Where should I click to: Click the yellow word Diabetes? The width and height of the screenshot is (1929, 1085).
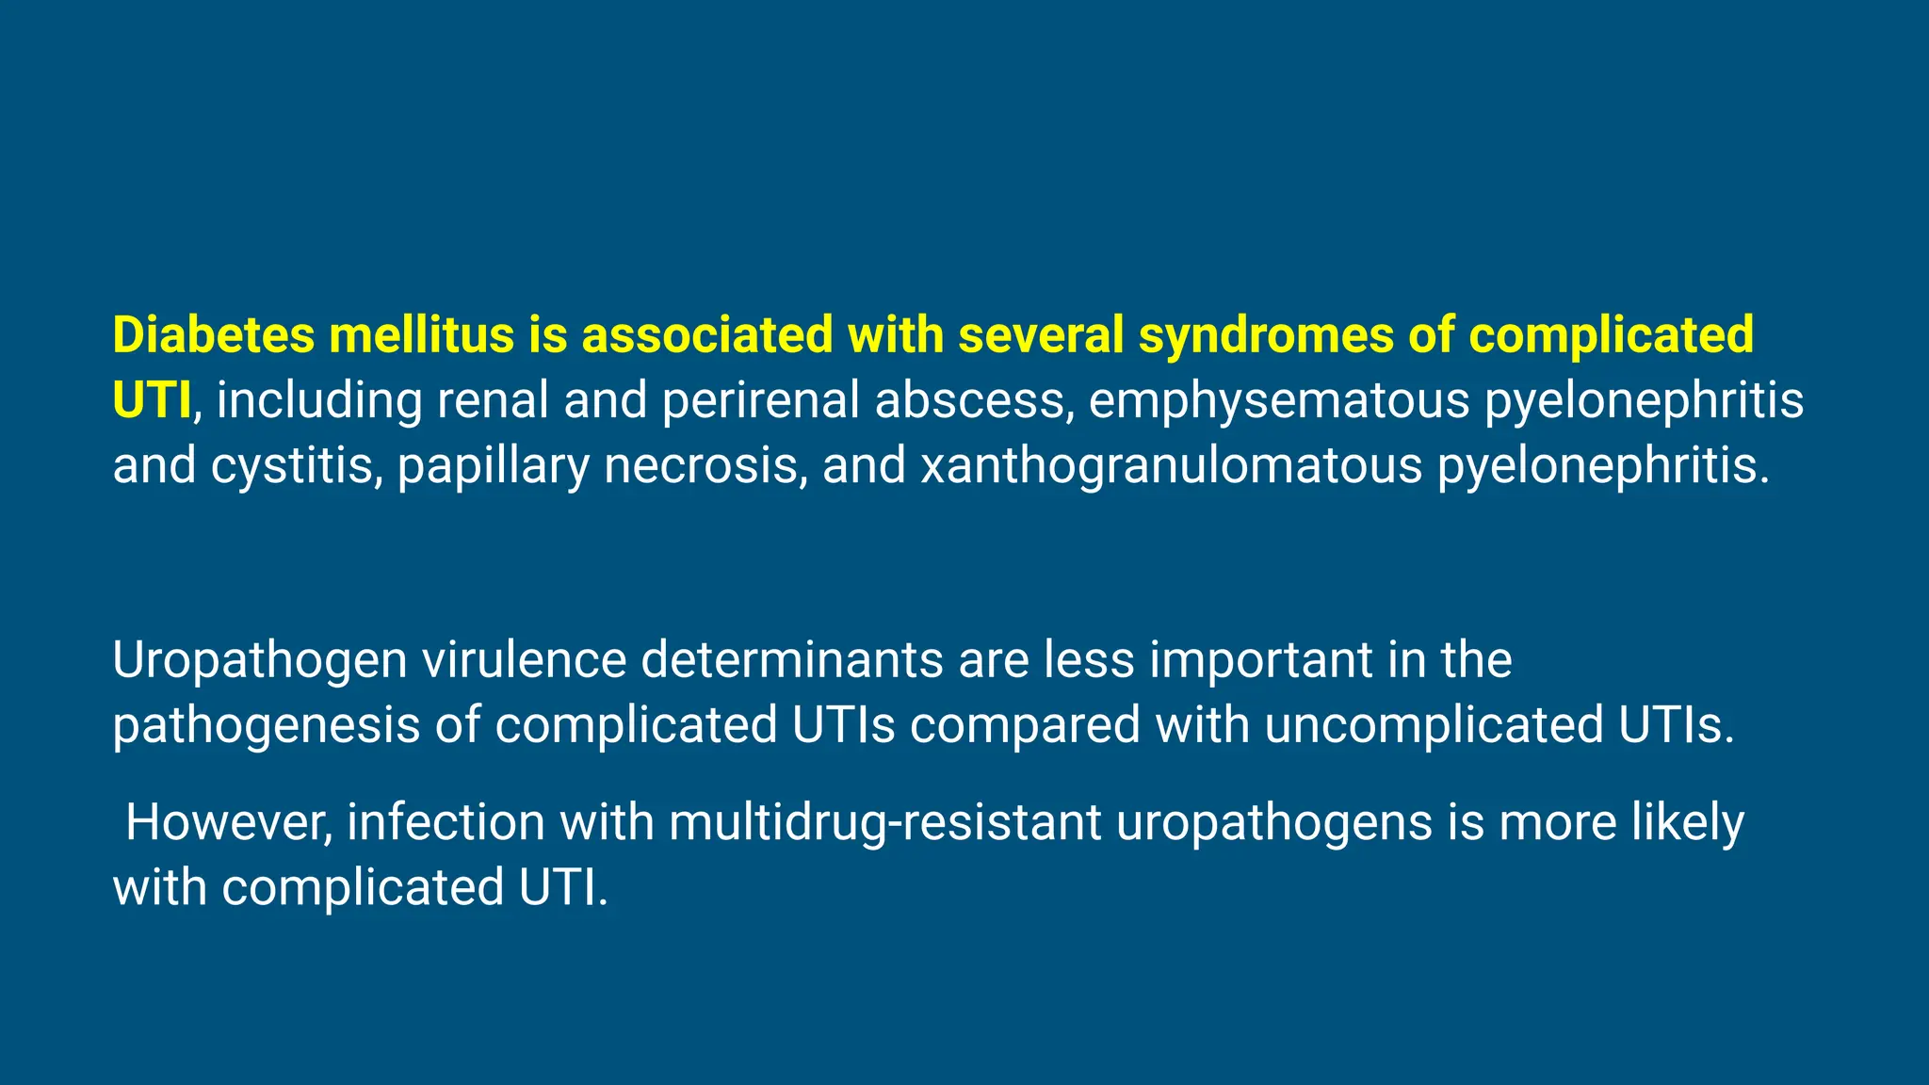[x=213, y=335]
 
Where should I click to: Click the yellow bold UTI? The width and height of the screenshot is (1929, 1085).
[x=152, y=400]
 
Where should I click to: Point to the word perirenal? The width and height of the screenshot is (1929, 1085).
[x=760, y=400]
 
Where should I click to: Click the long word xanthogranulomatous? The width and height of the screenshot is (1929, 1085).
[x=1171, y=466]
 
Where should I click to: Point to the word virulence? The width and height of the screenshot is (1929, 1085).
[x=524, y=659]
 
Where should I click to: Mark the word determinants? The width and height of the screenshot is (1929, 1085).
[x=792, y=659]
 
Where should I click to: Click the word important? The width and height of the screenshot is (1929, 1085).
[x=1260, y=661]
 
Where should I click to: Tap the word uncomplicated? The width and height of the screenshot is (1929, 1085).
[x=1434, y=726]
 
